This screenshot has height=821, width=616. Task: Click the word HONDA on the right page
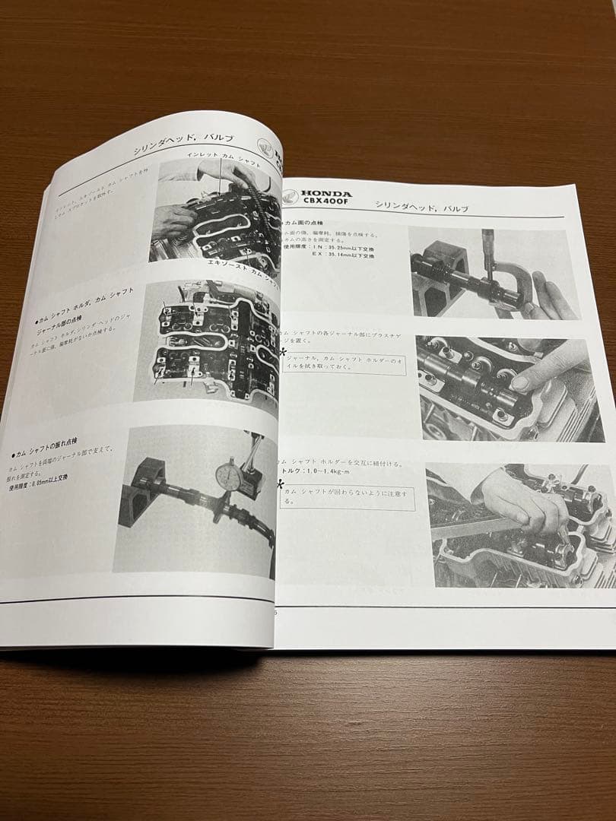(x=327, y=195)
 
